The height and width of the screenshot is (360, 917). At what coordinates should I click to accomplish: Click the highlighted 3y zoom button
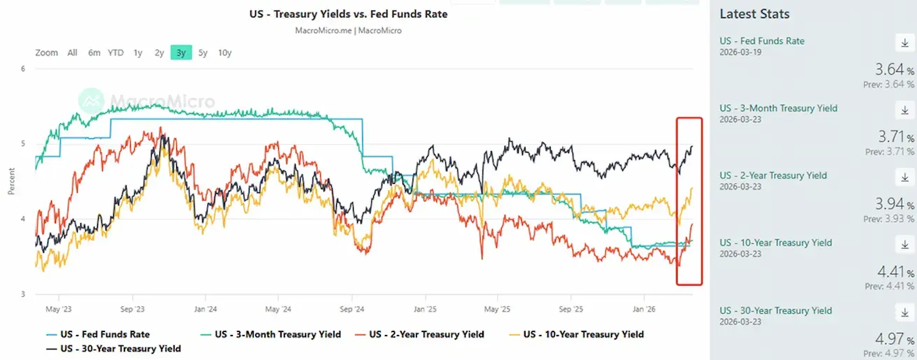tap(181, 52)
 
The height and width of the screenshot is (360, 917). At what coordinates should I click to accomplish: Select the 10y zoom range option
tap(224, 52)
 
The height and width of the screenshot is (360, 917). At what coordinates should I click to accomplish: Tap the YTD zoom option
tap(115, 52)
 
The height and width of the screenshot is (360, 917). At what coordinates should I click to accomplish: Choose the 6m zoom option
tap(94, 52)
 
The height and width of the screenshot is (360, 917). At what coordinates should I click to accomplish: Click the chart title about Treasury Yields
tap(348, 14)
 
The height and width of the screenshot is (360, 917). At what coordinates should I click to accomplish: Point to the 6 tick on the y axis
tap(23, 69)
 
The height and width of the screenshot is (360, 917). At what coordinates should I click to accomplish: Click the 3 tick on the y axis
tap(23, 294)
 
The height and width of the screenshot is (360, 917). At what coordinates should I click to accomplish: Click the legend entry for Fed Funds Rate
tap(105, 334)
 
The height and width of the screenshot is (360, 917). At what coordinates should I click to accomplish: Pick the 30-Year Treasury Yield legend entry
tap(120, 348)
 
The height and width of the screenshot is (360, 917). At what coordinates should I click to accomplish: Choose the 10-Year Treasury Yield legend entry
tap(583, 334)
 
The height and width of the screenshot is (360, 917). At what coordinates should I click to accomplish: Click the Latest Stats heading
tap(754, 14)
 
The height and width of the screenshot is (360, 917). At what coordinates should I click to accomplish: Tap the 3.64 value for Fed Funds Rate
tap(890, 70)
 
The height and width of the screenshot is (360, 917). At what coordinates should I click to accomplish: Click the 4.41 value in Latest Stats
tap(890, 271)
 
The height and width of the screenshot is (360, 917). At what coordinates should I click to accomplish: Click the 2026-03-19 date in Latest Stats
tap(741, 52)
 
